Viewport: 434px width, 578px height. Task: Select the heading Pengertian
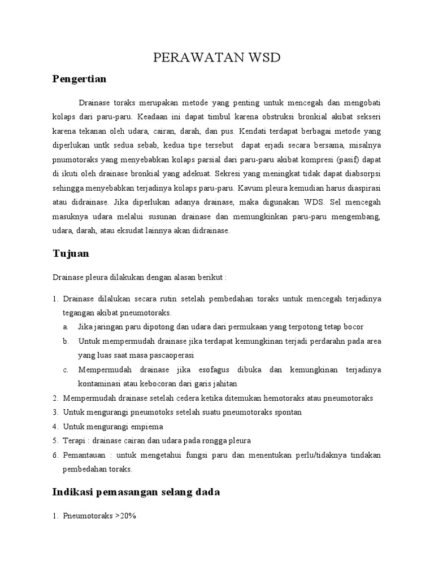(79, 79)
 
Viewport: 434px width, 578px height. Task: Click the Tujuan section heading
(71, 254)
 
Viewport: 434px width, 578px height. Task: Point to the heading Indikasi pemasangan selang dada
(136, 492)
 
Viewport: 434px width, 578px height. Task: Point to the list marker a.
(66, 327)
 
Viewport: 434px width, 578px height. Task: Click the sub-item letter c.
(66, 370)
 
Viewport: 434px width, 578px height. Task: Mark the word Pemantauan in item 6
(84, 455)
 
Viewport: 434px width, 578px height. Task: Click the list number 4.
(55, 426)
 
